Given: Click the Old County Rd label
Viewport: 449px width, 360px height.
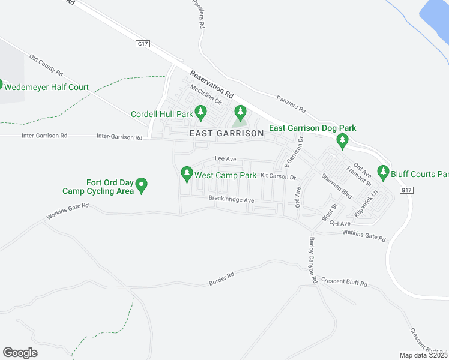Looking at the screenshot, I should (x=46, y=66).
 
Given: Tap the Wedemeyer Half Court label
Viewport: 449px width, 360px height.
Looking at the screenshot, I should (x=46, y=87).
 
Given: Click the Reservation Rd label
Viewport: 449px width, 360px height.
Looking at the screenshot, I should (x=211, y=85).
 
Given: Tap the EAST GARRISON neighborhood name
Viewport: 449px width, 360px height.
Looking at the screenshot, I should (x=226, y=133).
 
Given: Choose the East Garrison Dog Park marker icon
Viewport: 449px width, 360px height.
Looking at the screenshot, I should (x=342, y=142).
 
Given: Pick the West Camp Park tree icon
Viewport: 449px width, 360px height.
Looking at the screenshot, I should (x=187, y=175).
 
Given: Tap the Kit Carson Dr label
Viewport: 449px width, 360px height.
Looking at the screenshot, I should (x=279, y=176).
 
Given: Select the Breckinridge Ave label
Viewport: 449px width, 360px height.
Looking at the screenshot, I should (x=232, y=199).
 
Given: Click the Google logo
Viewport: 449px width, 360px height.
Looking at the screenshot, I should (x=20, y=353).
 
